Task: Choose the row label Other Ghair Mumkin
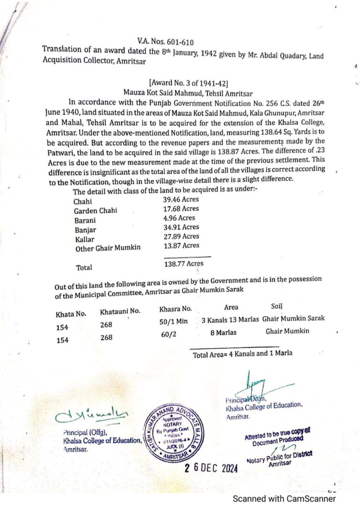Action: point(108,248)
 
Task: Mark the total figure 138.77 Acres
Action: point(183,264)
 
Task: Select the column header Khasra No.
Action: point(175,309)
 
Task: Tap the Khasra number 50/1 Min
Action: point(173,322)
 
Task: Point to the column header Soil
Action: point(277,306)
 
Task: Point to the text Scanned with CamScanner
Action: point(284,499)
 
